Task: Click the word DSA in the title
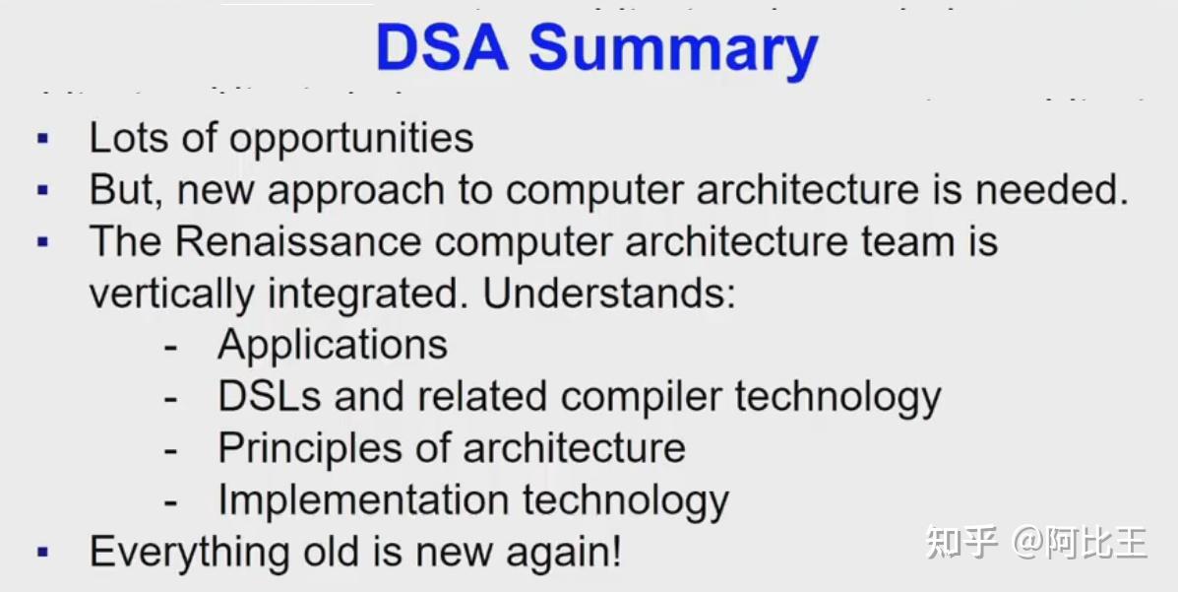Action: pyautogui.click(x=442, y=48)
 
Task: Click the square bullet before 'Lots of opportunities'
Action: pyautogui.click(x=42, y=138)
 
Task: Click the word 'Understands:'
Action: pyautogui.click(x=609, y=295)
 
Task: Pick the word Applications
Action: pyautogui.click(x=333, y=346)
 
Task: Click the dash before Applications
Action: pyautogui.click(x=171, y=347)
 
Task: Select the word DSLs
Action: pyautogui.click(x=270, y=397)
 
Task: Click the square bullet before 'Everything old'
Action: pyautogui.click(x=42, y=552)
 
